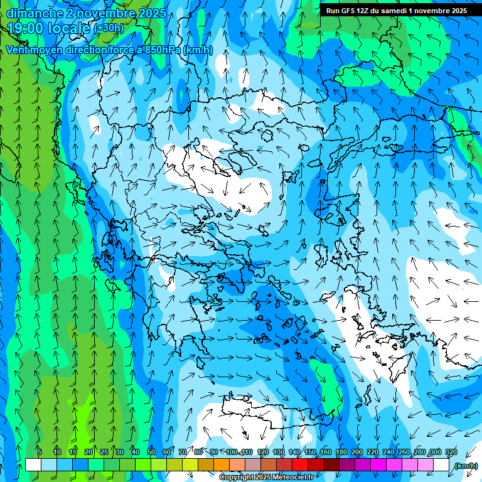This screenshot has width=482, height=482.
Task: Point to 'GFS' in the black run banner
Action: pyautogui.click(x=346, y=11)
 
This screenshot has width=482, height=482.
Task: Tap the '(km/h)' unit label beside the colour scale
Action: pyautogui.click(x=465, y=466)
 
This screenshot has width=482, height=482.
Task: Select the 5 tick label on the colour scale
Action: pyautogui.click(x=39, y=453)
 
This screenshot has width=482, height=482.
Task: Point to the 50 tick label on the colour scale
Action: pyautogui.click(x=151, y=453)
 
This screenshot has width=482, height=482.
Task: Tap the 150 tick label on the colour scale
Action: pyautogui.click(x=310, y=453)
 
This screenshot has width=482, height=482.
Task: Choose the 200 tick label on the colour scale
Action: pyautogui.click(x=357, y=453)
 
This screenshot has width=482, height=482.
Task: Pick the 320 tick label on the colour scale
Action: pyautogui.click(x=451, y=453)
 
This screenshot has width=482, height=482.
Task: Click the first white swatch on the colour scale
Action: pyautogui.click(x=33, y=465)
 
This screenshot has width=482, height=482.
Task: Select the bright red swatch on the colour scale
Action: pyautogui.click(x=300, y=465)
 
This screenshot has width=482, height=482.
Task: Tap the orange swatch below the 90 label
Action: pyautogui.click(x=222, y=465)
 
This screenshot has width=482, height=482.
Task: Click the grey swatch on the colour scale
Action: pyautogui.click(x=253, y=465)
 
